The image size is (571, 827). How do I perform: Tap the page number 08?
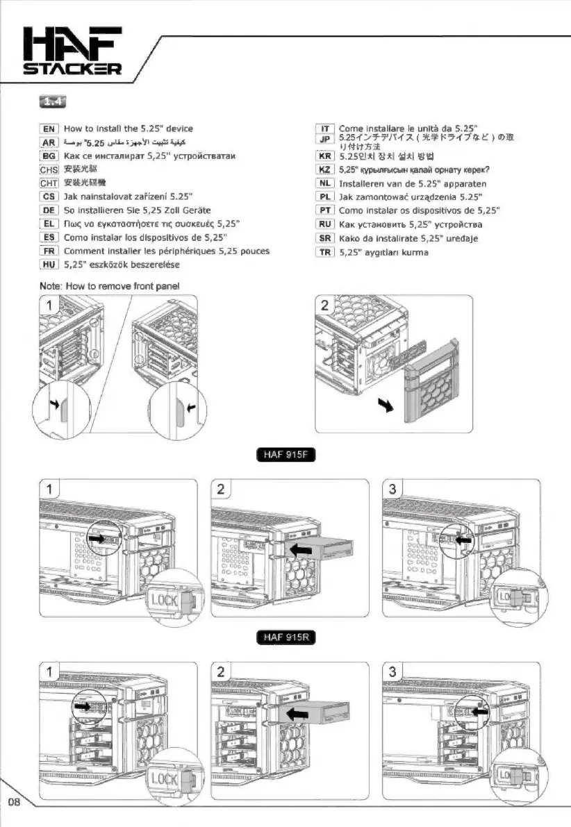coord(14,802)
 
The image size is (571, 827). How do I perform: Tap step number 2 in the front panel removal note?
coord(326,306)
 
